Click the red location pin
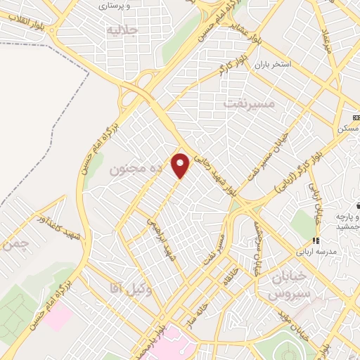click(181, 165)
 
